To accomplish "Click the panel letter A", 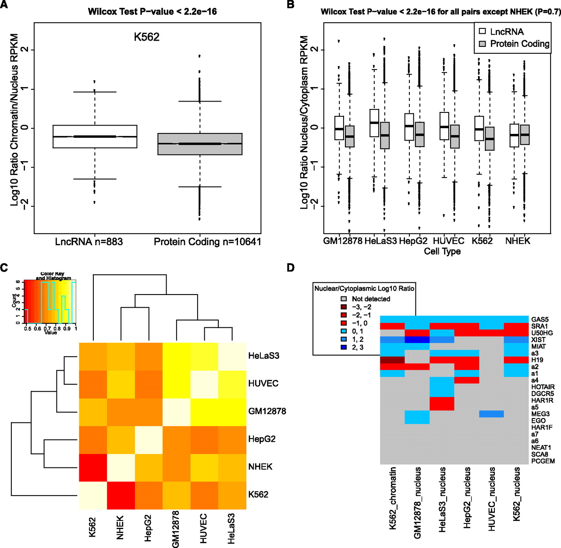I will click(4, 5).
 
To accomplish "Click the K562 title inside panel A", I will click(146, 37).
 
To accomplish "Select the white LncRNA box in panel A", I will click(95, 137).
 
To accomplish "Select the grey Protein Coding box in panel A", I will click(200, 144).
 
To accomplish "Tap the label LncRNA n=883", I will click(89, 242).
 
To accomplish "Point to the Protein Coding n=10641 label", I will click(207, 242).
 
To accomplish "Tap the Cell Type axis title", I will click(442, 251).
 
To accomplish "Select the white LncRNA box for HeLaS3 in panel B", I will click(374, 123).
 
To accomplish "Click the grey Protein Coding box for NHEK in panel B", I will click(525, 135).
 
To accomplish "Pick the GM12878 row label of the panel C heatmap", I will click(267, 411).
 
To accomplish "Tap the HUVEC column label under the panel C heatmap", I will click(203, 528).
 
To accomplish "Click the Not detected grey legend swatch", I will click(344, 299).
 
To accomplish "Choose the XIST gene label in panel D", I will click(539, 340).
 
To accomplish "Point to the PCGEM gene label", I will click(543, 461).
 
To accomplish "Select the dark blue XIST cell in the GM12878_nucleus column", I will click(417, 340).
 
